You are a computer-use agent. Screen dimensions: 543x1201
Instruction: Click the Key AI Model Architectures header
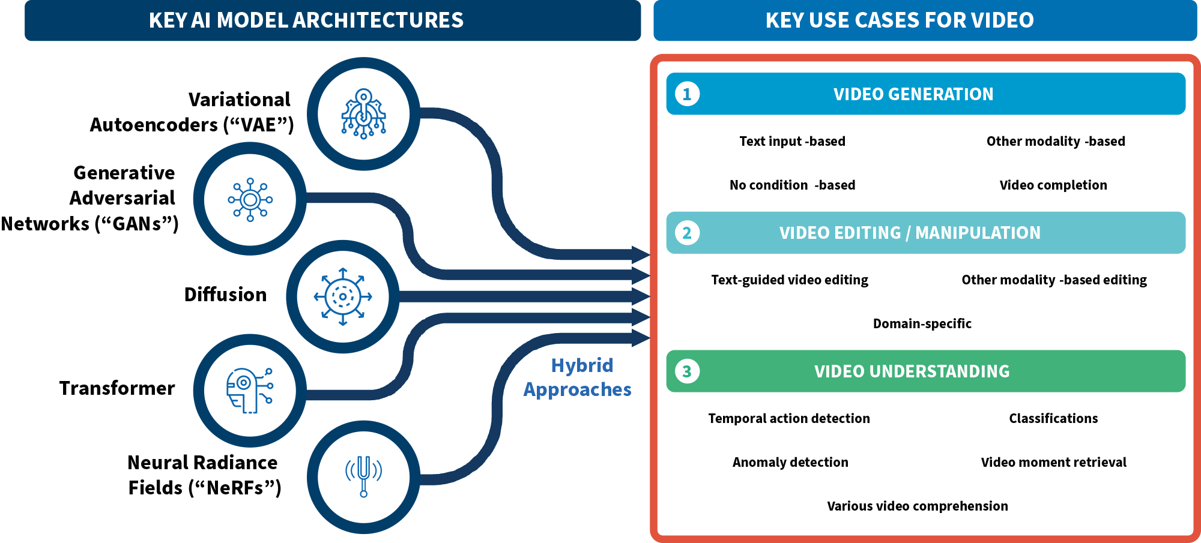pos(306,20)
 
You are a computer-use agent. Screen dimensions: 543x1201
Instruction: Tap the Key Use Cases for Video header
pos(899,20)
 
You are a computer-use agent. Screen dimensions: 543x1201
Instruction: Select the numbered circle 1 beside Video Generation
pos(687,94)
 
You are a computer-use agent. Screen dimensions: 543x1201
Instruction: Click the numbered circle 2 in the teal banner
pos(687,233)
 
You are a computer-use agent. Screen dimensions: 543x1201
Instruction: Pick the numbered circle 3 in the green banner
pos(687,371)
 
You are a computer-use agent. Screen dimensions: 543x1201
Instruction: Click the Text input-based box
pos(793,142)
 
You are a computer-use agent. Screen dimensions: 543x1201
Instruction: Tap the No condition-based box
pos(793,185)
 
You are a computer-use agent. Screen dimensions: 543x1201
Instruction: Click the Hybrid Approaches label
pos(578,377)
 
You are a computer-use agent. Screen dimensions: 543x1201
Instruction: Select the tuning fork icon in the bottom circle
pos(363,476)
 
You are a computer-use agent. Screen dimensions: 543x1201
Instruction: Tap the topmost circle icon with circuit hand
pos(363,114)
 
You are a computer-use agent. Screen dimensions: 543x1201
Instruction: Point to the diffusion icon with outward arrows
pos(342,296)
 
